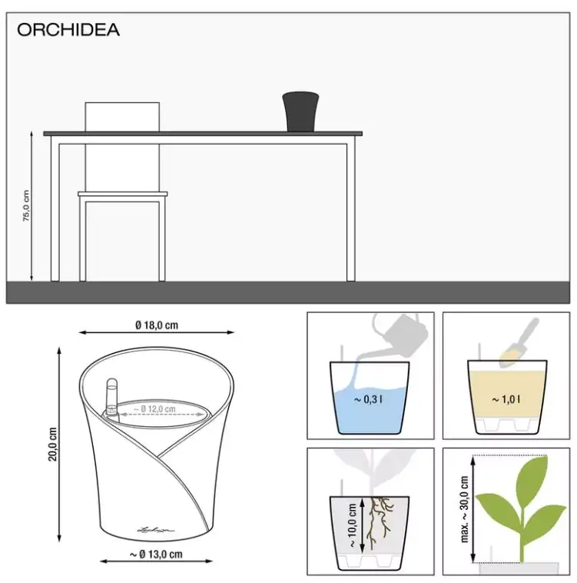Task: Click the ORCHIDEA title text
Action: click(68, 30)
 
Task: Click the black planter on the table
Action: click(300, 112)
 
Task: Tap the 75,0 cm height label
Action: click(26, 206)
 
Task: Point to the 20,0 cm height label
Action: click(52, 443)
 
